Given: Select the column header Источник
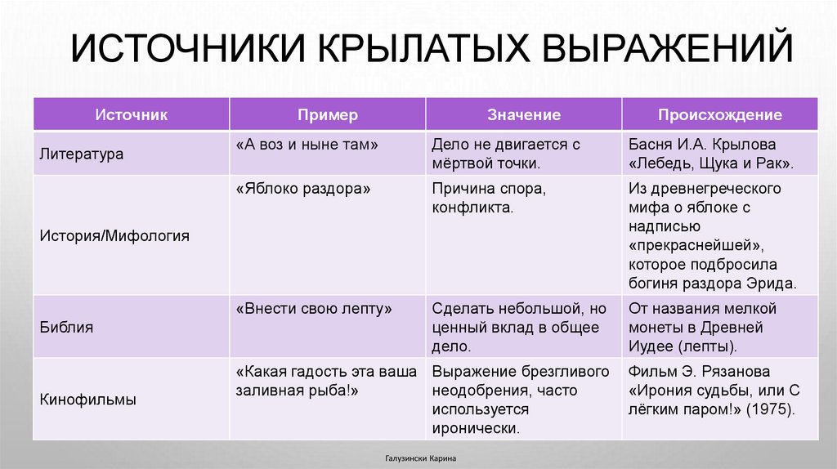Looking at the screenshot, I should [x=131, y=115].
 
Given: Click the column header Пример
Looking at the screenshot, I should [x=327, y=115].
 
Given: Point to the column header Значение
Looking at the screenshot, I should [x=524, y=115].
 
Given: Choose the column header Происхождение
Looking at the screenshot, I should [x=720, y=115].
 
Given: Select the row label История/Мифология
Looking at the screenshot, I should [x=114, y=236].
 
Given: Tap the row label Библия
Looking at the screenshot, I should [x=66, y=328].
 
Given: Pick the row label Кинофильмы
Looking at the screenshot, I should [x=87, y=400].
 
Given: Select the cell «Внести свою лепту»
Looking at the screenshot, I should [x=315, y=309].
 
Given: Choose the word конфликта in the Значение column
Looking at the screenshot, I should [x=473, y=208].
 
